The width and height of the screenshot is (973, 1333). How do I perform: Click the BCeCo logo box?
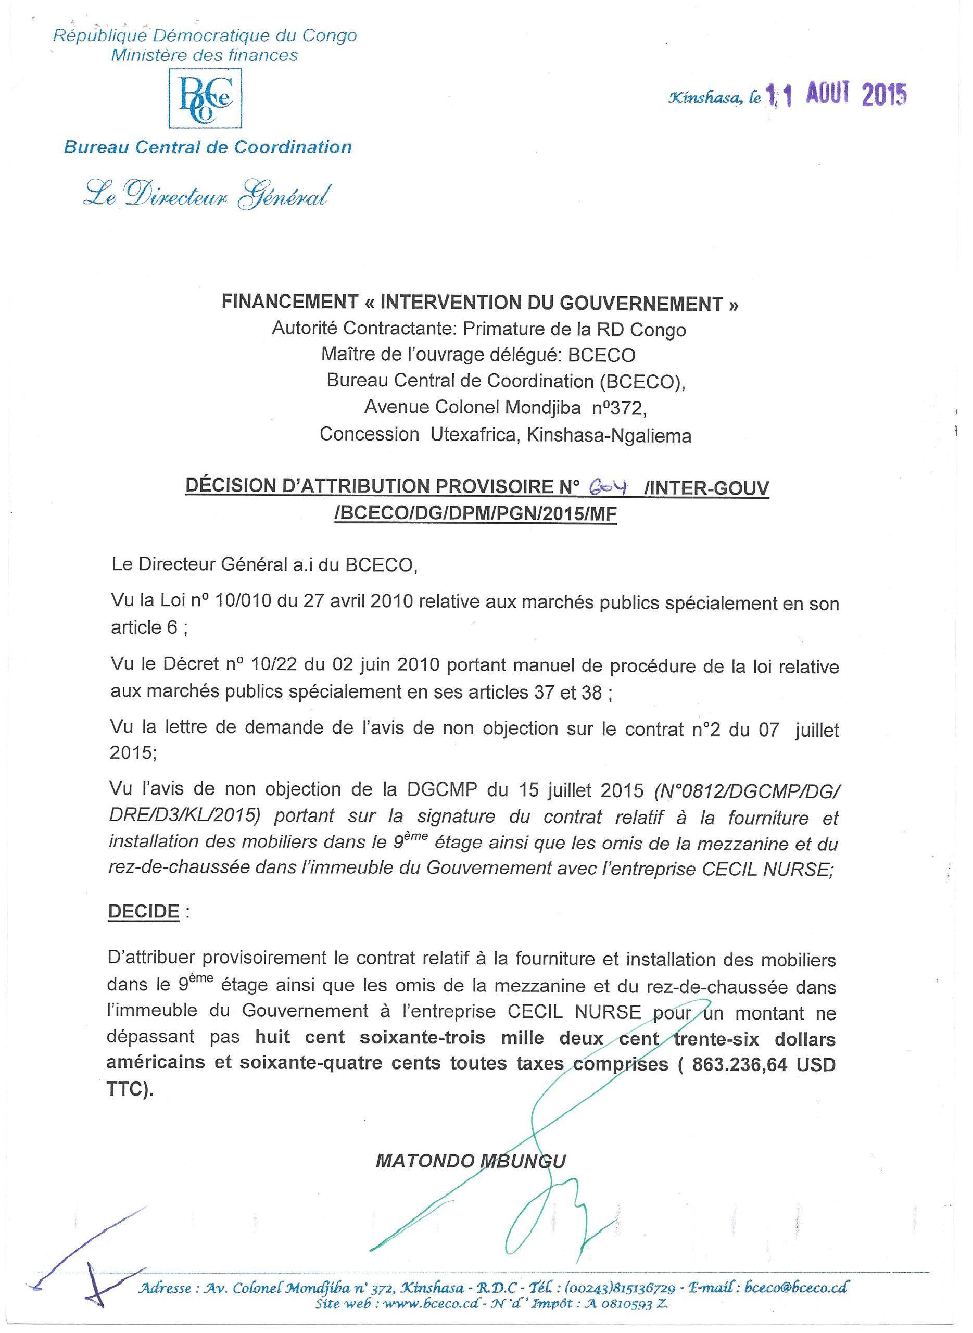[x=205, y=98]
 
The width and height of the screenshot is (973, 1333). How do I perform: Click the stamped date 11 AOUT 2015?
[x=837, y=95]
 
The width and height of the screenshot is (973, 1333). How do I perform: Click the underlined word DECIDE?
[x=144, y=911]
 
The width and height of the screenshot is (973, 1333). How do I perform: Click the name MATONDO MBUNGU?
[x=471, y=1161]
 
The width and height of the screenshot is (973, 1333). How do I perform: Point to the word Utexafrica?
[x=474, y=434]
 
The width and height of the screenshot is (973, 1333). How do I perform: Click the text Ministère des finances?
[x=205, y=55]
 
